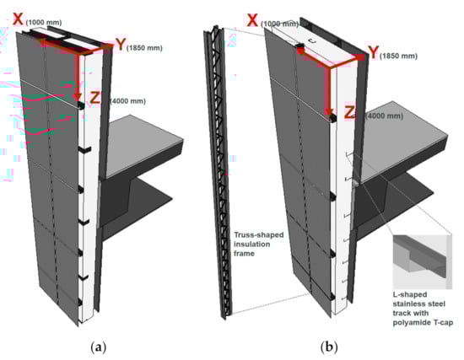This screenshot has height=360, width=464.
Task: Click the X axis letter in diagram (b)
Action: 252,20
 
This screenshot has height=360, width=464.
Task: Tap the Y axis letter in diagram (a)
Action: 121,45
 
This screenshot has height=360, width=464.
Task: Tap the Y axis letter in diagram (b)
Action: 374,52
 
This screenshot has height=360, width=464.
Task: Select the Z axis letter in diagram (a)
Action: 95,98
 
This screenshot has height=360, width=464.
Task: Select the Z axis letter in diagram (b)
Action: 350,112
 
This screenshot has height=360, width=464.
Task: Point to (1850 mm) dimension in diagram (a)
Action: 144,47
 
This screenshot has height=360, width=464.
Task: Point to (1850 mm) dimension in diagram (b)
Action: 398,56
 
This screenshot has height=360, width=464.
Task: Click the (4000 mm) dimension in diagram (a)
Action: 128,101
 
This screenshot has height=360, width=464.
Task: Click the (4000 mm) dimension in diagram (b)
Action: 384,116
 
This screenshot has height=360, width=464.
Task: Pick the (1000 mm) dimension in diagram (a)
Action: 44,23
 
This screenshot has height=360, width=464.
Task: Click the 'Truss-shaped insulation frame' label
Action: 259,244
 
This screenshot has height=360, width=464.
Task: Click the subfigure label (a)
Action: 98,347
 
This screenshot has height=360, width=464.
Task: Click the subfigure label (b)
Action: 329,347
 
